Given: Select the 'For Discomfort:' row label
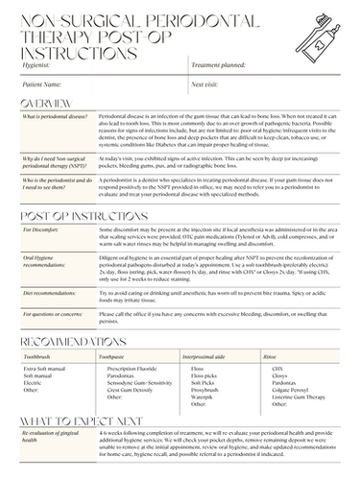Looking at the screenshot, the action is pos(41,229).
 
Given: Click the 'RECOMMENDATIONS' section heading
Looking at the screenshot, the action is pos(73,342).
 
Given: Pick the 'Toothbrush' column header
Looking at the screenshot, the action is pos(37,356).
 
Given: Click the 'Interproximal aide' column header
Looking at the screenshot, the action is pos(215,356).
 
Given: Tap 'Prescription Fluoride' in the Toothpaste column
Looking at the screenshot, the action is pos(133,368).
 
